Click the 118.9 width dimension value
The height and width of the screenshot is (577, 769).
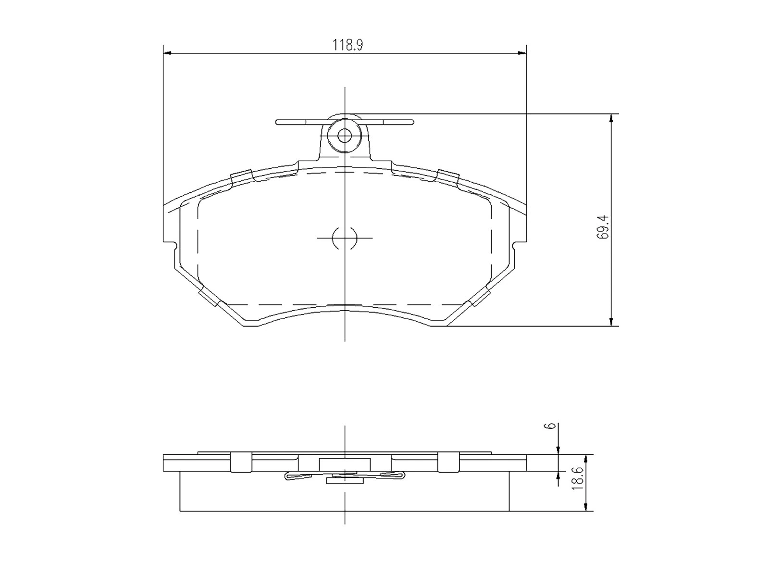[x=347, y=45]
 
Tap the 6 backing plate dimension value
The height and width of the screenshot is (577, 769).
[x=552, y=426]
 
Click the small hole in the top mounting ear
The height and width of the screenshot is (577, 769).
[x=344, y=136]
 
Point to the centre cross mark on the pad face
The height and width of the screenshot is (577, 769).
[x=345, y=238]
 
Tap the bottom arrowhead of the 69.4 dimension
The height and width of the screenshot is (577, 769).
[x=611, y=322]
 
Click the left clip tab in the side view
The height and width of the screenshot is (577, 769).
[x=241, y=462]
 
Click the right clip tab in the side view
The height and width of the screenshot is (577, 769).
[x=447, y=462]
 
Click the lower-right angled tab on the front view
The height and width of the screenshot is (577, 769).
[x=479, y=298]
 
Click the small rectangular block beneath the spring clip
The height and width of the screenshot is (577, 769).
[x=344, y=480]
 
